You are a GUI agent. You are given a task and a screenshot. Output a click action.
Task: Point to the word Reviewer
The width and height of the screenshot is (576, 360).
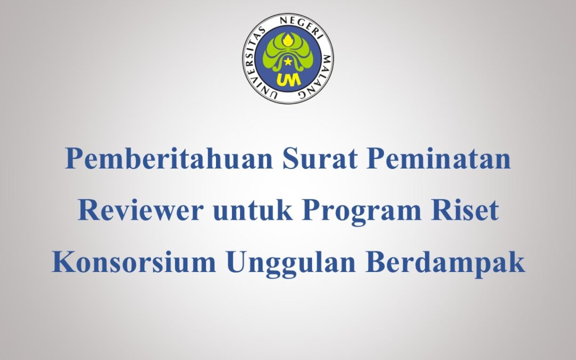coord(140,211)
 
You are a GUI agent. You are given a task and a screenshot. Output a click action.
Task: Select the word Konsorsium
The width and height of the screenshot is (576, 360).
coord(134,263)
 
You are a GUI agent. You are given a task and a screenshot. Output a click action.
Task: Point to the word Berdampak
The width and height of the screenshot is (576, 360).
coord(442,263)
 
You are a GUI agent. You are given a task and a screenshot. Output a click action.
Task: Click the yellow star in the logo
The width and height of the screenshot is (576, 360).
coord(287,62)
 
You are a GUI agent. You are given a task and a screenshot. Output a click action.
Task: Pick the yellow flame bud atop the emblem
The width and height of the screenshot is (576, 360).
coord(287,39)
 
